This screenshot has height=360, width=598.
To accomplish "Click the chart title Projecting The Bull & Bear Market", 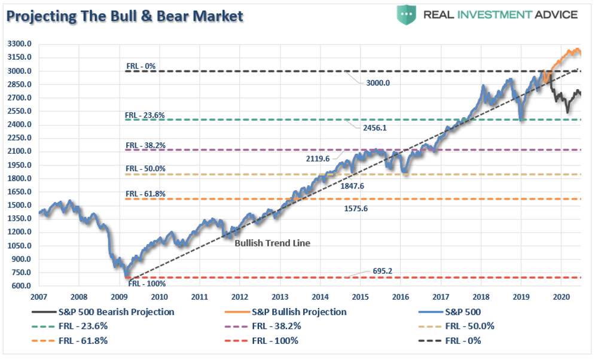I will [x=125, y=16].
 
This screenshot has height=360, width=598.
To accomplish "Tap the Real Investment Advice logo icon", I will [x=406, y=14].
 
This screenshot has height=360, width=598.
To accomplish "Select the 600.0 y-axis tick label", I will [x=22, y=286].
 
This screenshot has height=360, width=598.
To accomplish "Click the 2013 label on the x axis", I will [x=280, y=297].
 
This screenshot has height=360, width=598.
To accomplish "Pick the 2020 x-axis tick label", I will [x=561, y=297].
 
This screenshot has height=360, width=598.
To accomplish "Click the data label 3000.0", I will [x=378, y=83].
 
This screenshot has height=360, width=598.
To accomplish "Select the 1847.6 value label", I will [x=353, y=186].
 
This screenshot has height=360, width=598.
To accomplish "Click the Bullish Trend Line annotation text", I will [x=272, y=243].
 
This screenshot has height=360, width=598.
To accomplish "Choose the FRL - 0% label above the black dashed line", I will [x=141, y=66].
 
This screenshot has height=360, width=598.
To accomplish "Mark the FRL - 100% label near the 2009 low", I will [x=147, y=283].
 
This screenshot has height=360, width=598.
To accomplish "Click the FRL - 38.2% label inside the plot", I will [x=145, y=145].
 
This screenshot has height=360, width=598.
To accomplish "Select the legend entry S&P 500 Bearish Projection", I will [x=116, y=312].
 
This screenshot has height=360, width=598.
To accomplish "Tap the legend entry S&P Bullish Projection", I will [x=299, y=312].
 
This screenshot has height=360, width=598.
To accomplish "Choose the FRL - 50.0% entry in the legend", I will [x=469, y=326].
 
